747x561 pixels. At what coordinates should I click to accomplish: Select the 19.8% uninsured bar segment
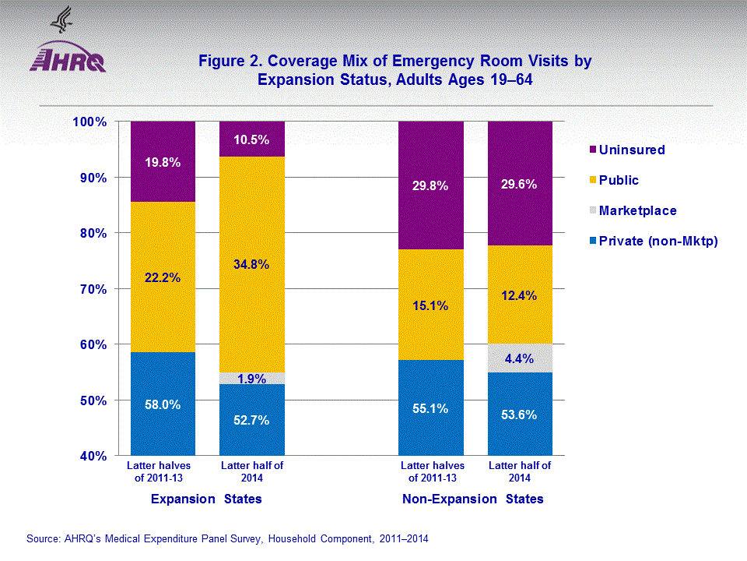tap(163, 162)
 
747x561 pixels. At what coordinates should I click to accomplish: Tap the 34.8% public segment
tap(252, 264)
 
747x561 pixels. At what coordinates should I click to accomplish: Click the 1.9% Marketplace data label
tap(252, 379)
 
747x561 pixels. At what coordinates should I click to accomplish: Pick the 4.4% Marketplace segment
tap(520, 358)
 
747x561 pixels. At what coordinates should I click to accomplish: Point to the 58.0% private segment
tap(163, 404)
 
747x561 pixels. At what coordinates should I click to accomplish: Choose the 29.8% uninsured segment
tap(431, 185)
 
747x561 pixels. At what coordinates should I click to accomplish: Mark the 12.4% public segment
tap(520, 295)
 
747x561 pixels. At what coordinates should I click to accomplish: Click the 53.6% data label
tap(520, 415)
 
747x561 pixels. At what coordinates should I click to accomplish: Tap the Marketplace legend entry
tap(637, 210)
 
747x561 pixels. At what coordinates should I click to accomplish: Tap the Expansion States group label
tap(206, 499)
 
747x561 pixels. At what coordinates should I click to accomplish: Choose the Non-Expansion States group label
tap(473, 499)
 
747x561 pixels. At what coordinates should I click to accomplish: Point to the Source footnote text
tap(227, 538)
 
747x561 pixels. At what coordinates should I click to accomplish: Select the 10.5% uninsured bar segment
tap(252, 139)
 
